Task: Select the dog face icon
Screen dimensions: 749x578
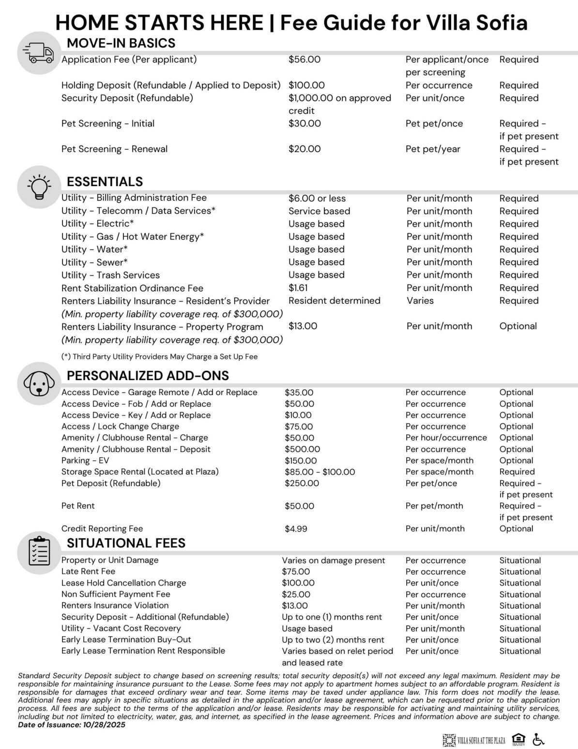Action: pos(39,383)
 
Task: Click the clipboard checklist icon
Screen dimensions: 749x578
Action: pos(39,553)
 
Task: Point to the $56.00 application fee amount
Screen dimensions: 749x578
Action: pos(304,60)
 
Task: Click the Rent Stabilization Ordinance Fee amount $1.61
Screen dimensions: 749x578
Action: pos(298,288)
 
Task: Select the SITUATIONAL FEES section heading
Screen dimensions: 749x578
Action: pos(126,543)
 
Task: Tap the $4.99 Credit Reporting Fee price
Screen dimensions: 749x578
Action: pos(296,529)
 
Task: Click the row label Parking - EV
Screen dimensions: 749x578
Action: pos(85,461)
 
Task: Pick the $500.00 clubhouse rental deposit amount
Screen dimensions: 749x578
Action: pos(302,449)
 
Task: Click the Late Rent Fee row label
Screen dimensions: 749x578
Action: pos(88,572)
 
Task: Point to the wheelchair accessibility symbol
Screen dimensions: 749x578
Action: pos(538,739)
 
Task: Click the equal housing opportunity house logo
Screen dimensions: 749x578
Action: pos(518,739)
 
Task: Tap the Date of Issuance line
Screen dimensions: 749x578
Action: pos(72,725)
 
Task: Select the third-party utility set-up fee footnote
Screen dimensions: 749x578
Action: pos(159,357)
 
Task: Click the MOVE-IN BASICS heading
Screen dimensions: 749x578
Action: pos(121,43)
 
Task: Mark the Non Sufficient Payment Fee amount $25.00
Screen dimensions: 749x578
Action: pos(296,594)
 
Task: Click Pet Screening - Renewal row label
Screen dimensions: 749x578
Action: pos(114,149)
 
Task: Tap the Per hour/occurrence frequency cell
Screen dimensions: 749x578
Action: pos(446,438)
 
